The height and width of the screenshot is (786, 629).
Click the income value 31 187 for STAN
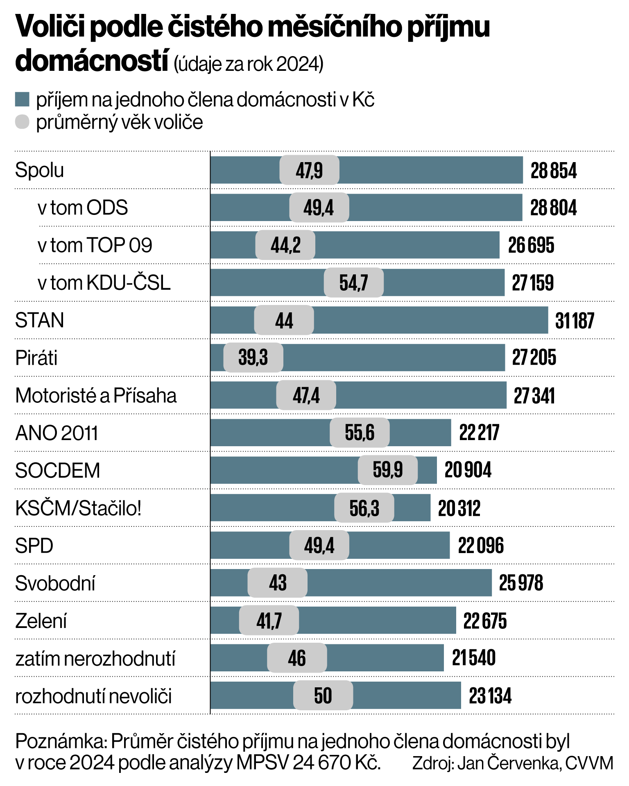pyautogui.click(x=574, y=321)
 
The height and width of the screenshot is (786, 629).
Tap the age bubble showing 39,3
pyautogui.click(x=253, y=358)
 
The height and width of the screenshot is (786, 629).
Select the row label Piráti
pyautogui.click(x=36, y=358)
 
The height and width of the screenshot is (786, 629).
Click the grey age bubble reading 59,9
pyautogui.click(x=387, y=470)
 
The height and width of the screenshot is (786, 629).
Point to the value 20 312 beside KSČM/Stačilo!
pyautogui.click(x=459, y=508)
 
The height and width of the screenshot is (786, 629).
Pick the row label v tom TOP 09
pyautogui.click(x=95, y=246)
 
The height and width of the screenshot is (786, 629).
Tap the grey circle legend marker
pyautogui.click(x=22, y=122)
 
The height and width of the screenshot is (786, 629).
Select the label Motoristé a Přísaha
pyautogui.click(x=96, y=396)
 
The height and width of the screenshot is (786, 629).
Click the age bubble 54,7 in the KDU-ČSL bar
pyautogui.click(x=353, y=283)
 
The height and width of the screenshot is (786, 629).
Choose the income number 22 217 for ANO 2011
pyautogui.click(x=479, y=433)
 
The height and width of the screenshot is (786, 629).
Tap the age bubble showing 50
pyautogui.click(x=323, y=696)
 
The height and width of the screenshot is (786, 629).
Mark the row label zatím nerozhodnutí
pyautogui.click(x=95, y=659)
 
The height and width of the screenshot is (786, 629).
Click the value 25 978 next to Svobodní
pyautogui.click(x=520, y=583)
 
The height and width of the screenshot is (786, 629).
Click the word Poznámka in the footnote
pyautogui.click(x=61, y=741)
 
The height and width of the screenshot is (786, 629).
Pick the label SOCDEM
pyautogui.click(x=57, y=471)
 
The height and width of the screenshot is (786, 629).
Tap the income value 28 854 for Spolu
pyautogui.click(x=553, y=171)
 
